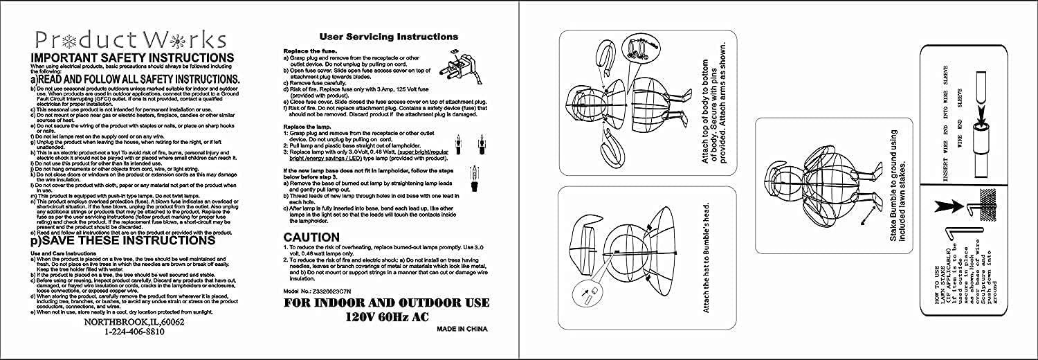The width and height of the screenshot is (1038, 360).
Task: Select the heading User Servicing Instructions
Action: click(388, 37)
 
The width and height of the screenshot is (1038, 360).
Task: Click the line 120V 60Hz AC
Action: click(387, 318)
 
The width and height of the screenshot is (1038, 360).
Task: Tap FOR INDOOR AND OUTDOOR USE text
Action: click(387, 303)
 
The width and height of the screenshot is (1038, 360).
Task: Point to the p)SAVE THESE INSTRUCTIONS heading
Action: click(118, 242)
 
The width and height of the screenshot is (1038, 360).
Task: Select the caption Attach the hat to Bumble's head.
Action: click(706, 258)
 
